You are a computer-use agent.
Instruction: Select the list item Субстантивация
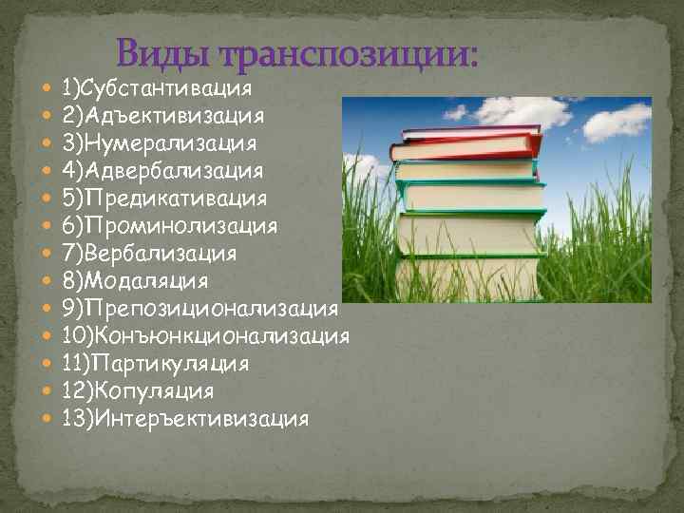(157, 89)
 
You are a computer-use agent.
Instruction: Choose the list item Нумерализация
(160, 143)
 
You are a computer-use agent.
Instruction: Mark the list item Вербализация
(149, 254)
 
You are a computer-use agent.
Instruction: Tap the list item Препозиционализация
(199, 309)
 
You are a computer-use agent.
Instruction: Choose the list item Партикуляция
(155, 364)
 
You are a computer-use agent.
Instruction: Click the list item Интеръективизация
(185, 419)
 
